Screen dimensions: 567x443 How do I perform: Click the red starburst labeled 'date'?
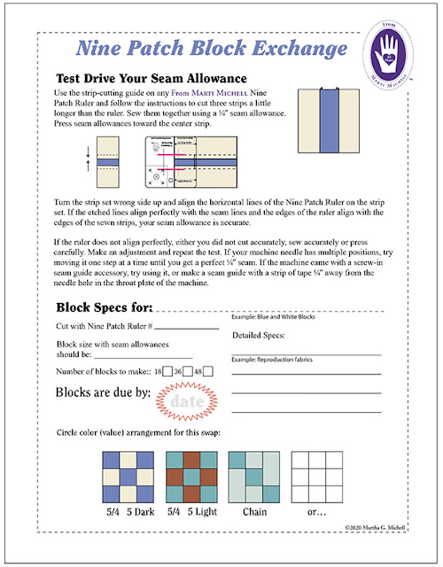tap(187, 401)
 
